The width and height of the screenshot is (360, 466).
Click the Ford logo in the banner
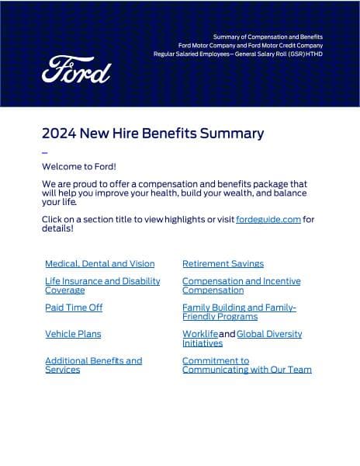pyautogui.click(x=76, y=70)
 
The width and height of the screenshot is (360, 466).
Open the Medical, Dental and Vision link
pyautogui.click(x=99, y=264)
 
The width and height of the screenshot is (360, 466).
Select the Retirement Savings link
pyautogui.click(x=223, y=264)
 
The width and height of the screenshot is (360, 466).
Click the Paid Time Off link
pyautogui.click(x=74, y=308)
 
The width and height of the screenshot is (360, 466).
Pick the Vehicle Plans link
pyautogui.click(x=73, y=334)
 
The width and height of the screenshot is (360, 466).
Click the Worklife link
pyautogui.click(x=200, y=334)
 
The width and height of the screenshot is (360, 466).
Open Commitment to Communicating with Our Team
pyautogui.click(x=247, y=365)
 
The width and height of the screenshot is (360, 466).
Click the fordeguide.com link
pyautogui.click(x=268, y=220)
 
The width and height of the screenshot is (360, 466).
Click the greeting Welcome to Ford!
pyautogui.click(x=79, y=167)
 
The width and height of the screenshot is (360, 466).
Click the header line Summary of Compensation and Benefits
pyautogui.click(x=268, y=37)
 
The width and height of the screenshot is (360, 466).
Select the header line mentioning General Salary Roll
pyautogui.click(x=237, y=54)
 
